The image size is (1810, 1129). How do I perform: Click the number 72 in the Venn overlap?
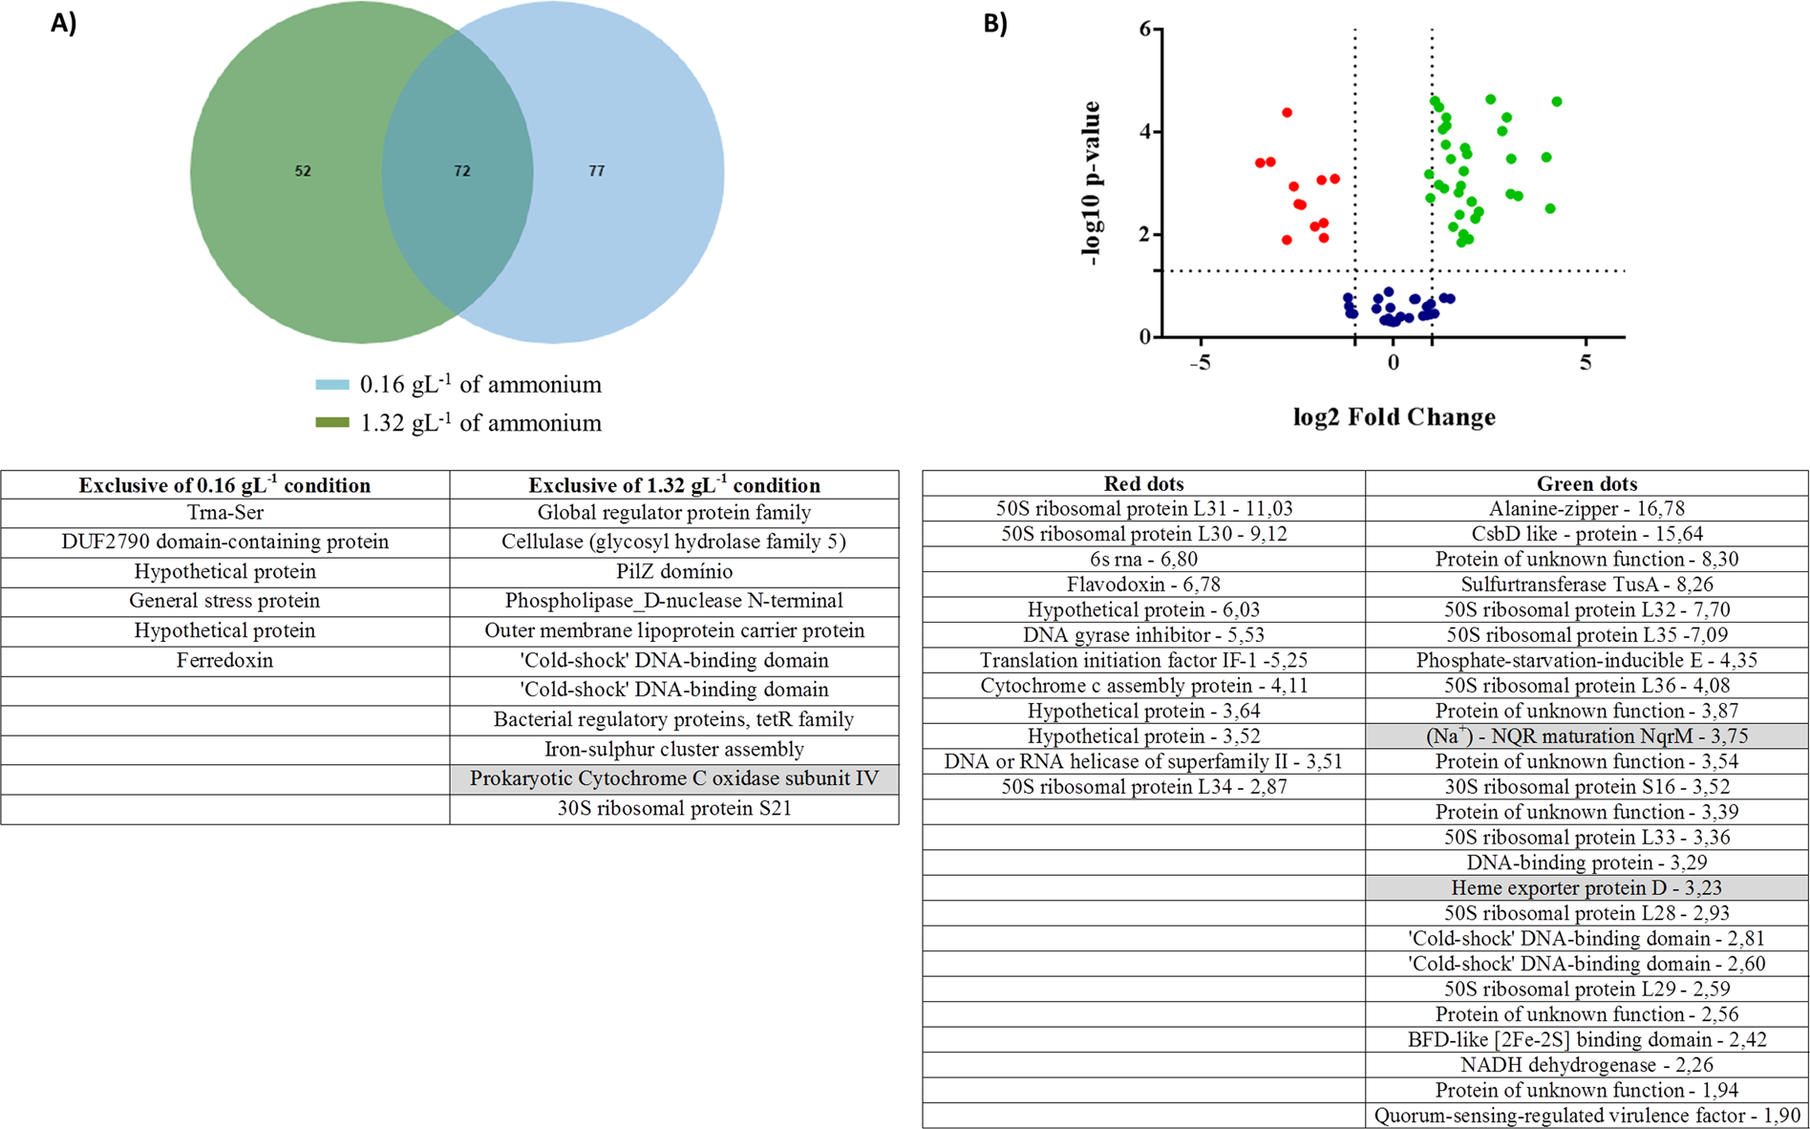coord(461,171)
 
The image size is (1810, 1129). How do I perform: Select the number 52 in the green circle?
coord(302,171)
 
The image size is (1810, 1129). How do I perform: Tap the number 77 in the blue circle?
coord(596,171)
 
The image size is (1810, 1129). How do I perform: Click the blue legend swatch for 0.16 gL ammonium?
coord(332,385)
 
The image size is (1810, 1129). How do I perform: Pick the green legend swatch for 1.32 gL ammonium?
coord(332,422)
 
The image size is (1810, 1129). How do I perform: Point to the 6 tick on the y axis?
coord(1144,30)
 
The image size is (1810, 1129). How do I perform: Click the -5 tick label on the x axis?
coord(1200,363)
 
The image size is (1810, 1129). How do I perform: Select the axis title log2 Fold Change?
coord(1394,417)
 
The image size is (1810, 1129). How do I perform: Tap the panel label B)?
coord(995,24)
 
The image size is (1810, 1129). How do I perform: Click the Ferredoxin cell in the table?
coord(224,660)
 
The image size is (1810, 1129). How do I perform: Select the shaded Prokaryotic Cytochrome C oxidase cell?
coord(673,778)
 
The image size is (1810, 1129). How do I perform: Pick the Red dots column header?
coord(1143,483)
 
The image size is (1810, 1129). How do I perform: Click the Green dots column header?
coord(1586,483)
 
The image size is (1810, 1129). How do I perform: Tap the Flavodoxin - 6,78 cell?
coord(1143,584)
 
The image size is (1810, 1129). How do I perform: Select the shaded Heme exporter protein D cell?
coord(1586,887)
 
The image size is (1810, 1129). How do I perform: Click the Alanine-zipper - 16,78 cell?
coord(1586,508)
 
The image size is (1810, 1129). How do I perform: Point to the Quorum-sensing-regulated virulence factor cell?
coord(1586,1115)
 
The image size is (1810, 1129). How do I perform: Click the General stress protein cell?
coord(224,601)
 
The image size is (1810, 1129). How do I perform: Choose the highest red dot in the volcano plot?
coord(1287,113)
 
